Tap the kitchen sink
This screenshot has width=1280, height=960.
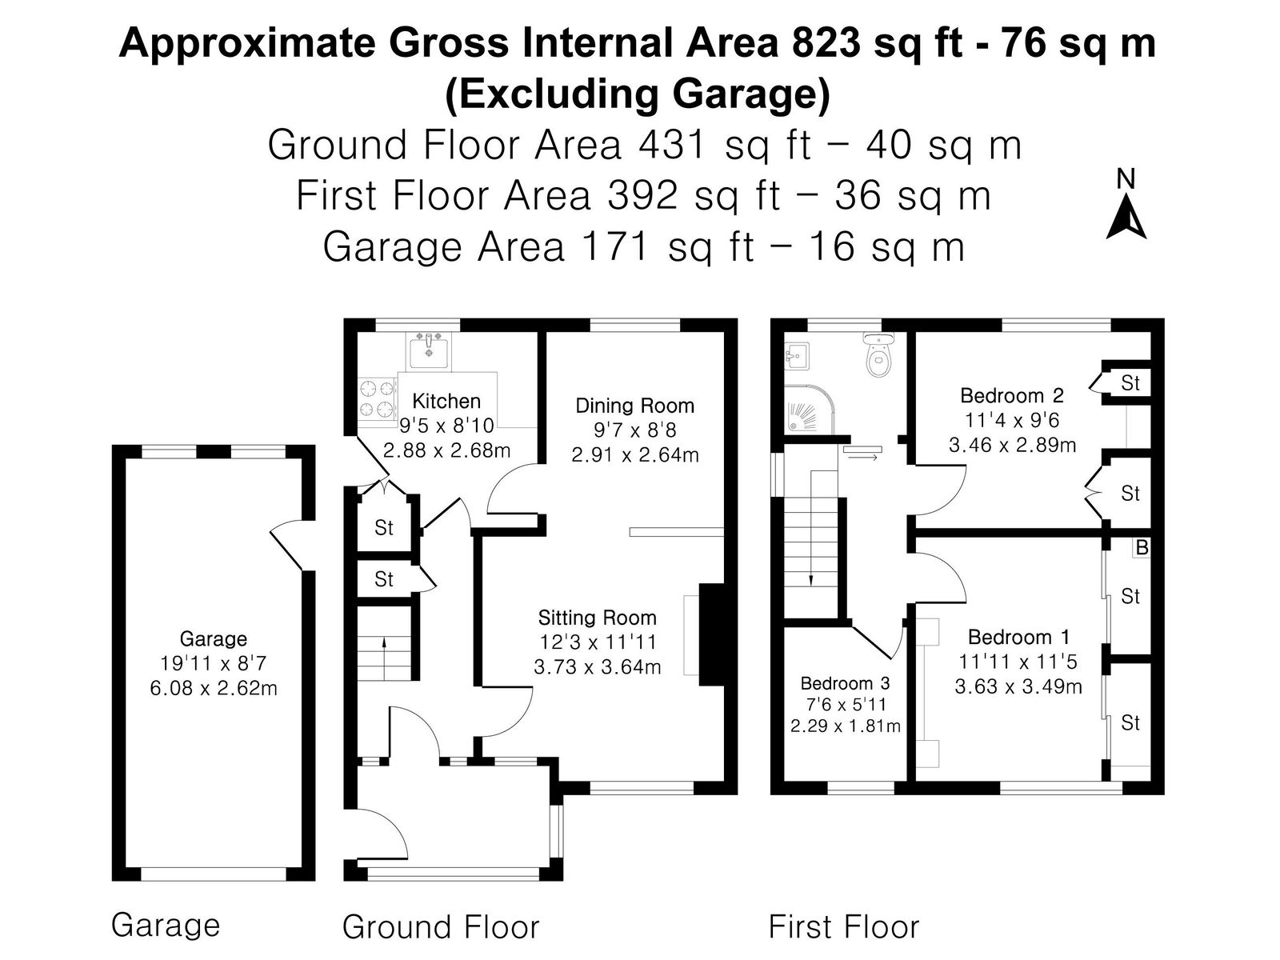pos(429,350)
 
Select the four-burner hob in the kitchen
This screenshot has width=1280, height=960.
pos(377,398)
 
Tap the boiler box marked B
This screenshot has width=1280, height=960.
pos(1142,547)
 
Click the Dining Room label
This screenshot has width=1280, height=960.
pos(634,406)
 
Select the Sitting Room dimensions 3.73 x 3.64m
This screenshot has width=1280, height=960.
pos(597,667)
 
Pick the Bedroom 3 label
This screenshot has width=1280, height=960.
pos(845,682)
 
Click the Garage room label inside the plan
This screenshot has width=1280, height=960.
pos(213,639)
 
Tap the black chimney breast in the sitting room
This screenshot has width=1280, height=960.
pos(711,634)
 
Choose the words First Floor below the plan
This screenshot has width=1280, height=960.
pos(844,926)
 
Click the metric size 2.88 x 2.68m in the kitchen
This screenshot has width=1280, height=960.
pos(446,450)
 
